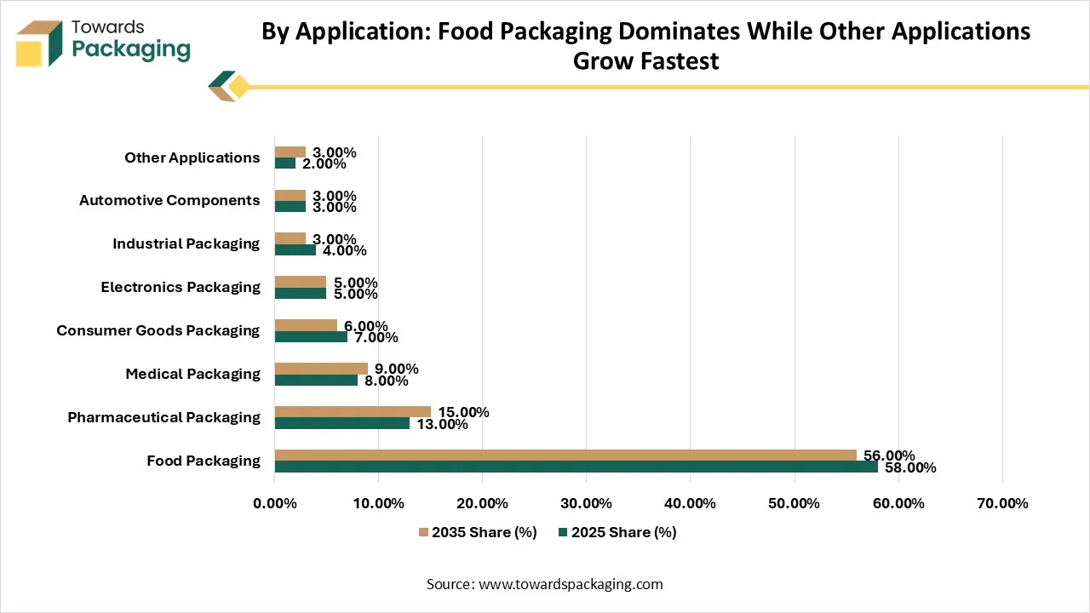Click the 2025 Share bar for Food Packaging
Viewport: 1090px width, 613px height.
tap(577, 467)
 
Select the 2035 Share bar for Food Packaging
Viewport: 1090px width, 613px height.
tap(565, 455)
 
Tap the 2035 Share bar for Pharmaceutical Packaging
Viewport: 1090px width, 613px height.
tap(353, 412)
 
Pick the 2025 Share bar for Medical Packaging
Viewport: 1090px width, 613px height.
tap(316, 380)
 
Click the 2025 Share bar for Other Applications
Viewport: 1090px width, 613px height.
tap(285, 163)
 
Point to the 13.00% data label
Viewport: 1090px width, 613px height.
tap(442, 424)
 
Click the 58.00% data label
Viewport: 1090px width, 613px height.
tap(910, 467)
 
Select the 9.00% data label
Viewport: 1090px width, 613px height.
tap(396, 369)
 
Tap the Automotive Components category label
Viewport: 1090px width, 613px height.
tap(169, 200)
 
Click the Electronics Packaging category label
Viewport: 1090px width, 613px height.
tap(181, 287)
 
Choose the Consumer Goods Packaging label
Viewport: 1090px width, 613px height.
tap(158, 330)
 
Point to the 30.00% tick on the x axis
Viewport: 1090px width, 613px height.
tap(586, 503)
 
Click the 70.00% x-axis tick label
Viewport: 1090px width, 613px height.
tap(1002, 503)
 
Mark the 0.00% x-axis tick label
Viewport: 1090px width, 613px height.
tap(275, 503)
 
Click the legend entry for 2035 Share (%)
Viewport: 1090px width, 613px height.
tap(478, 532)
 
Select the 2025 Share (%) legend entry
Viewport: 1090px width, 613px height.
tap(617, 532)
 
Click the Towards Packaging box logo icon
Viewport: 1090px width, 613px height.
tap(39, 43)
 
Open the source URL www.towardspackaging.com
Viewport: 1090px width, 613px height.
tap(571, 584)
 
